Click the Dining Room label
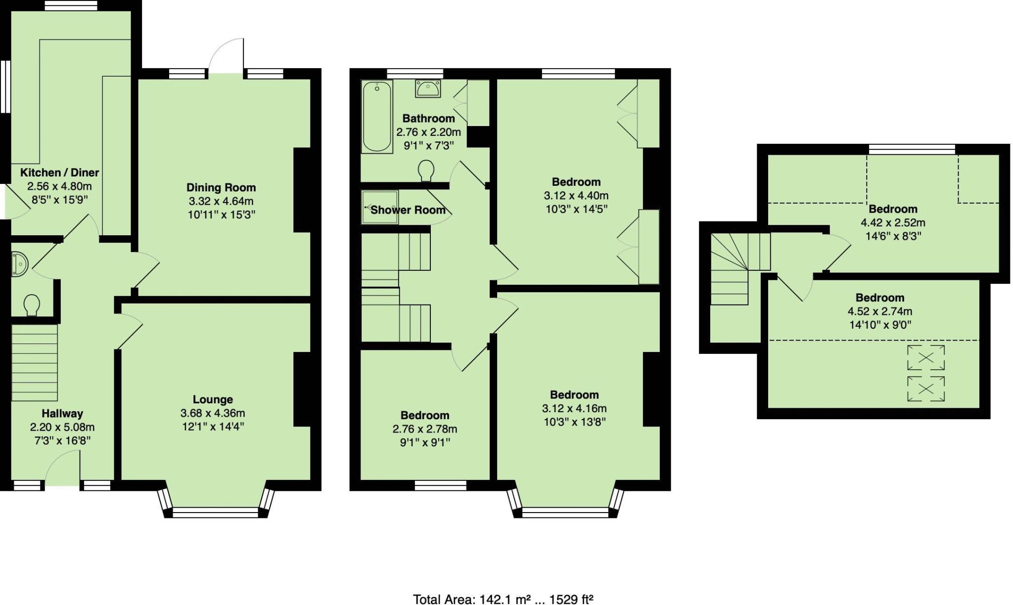click(221, 187)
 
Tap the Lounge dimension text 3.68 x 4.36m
click(213, 413)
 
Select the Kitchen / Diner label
click(59, 173)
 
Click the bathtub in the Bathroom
click(377, 117)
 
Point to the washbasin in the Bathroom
click(428, 89)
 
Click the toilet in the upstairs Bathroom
click(426, 171)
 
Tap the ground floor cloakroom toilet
click(32, 304)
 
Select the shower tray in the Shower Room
click(380, 207)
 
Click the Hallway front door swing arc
click(62, 467)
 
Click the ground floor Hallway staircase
click(35, 362)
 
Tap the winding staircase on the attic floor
click(733, 269)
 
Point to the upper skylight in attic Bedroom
click(925, 357)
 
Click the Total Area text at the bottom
click(503, 599)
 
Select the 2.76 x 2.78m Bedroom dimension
click(425, 429)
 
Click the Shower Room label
click(408, 210)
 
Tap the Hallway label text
click(62, 413)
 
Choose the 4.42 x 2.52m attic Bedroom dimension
click(893, 222)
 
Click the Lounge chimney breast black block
click(302, 389)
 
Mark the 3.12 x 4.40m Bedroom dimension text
click(576, 195)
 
